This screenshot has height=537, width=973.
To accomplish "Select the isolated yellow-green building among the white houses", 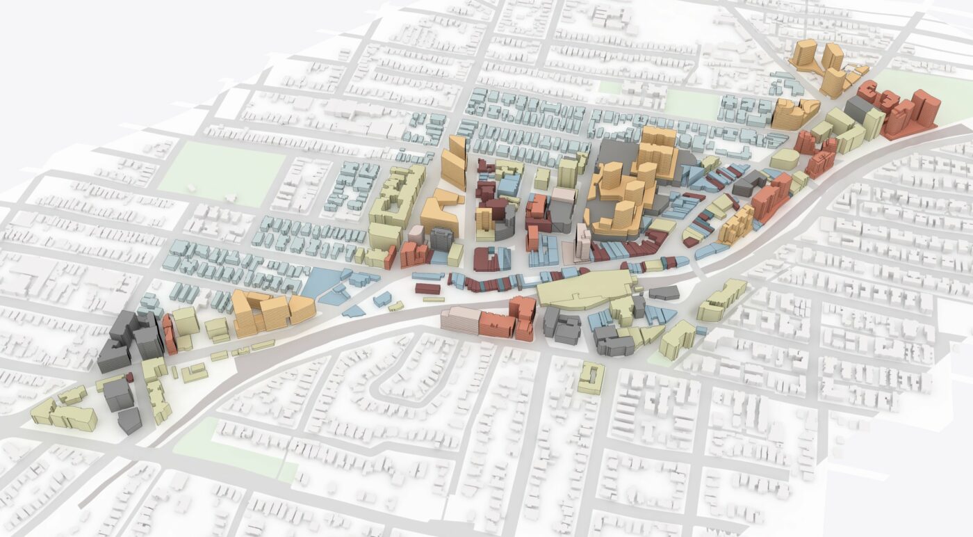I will click(x=590, y=378).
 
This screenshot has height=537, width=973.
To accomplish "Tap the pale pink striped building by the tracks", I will click(x=460, y=321).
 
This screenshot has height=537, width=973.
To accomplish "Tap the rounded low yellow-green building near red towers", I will click(x=785, y=159).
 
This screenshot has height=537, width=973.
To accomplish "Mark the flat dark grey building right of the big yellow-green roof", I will click(x=664, y=293).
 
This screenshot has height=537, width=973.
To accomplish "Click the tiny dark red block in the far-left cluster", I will click(x=130, y=377).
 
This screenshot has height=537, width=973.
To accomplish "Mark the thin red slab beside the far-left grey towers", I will click(x=169, y=333).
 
